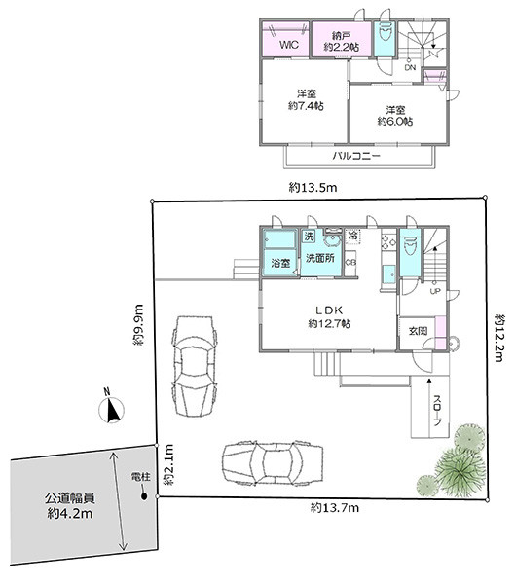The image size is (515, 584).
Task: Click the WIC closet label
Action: coord(289,45)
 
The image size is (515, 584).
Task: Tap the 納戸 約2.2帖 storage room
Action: coord(342,41)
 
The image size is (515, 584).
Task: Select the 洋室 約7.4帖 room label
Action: coord(306,99)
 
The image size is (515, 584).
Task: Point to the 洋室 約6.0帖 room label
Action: coord(395,116)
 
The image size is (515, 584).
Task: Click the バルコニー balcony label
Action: coord(356,156)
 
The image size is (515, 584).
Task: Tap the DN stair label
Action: coord(410,68)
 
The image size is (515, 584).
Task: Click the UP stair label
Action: coord(435,291)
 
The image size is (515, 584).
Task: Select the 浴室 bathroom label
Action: coord(280,263)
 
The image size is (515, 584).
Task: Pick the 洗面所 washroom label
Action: coord(320,258)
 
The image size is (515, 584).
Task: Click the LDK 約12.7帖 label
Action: coord(329,317)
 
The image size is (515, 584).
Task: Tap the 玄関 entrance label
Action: coord(418,331)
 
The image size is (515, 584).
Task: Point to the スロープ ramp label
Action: coord(438,410)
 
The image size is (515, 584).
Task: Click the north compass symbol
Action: coord(111,409)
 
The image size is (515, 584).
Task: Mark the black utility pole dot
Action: coord(144,496)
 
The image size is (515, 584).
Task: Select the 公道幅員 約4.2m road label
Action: coord(70,505)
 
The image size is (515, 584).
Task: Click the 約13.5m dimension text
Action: coord(313,187)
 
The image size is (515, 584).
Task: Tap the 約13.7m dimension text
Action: coord(335,507)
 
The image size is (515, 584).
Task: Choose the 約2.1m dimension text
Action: coord(168,464)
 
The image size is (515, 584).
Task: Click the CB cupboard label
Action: coord(350,262)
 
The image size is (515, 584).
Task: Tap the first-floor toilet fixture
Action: coord(410,247)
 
